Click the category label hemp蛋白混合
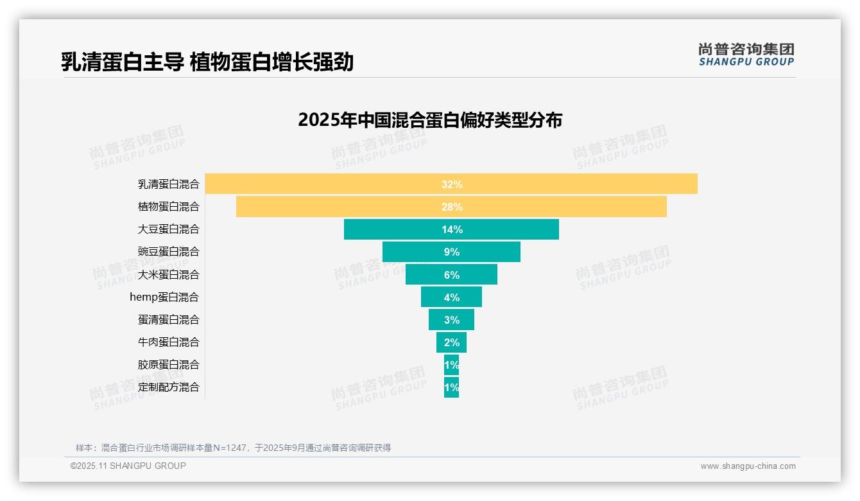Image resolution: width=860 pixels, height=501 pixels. click(164, 297)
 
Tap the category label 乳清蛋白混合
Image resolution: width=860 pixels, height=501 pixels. click(169, 184)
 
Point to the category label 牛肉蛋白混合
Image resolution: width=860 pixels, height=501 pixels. click(169, 342)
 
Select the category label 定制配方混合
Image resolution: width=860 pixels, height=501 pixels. click(169, 387)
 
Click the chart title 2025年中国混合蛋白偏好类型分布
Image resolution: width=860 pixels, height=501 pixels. click(430, 120)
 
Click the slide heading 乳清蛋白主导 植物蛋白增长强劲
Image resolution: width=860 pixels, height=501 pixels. click(207, 62)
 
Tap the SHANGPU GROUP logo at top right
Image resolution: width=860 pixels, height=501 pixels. click(746, 55)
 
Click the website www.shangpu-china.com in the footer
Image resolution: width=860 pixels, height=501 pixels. click(748, 466)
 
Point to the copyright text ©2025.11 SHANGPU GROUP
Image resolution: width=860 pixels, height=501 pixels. click(128, 466)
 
